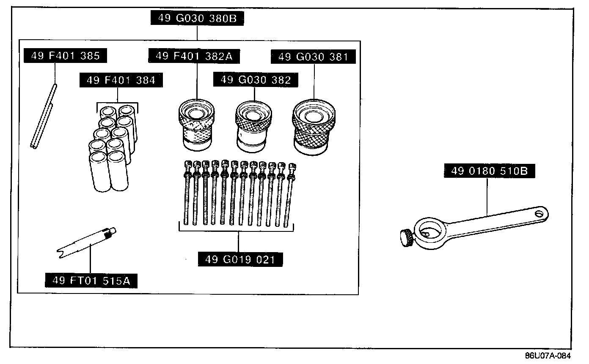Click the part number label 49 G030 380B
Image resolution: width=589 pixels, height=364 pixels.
point(197,19)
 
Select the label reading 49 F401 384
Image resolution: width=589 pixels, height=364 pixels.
point(121,80)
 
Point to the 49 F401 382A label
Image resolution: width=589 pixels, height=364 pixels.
point(194,56)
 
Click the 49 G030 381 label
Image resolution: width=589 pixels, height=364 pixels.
point(314,57)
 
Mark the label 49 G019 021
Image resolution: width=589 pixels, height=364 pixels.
point(240,259)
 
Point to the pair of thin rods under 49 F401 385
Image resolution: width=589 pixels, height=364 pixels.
point(44,117)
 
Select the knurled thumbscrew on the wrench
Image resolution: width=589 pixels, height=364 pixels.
point(407,237)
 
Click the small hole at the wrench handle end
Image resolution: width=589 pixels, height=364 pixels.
point(539,212)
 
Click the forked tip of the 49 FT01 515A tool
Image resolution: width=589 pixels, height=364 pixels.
point(61,252)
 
